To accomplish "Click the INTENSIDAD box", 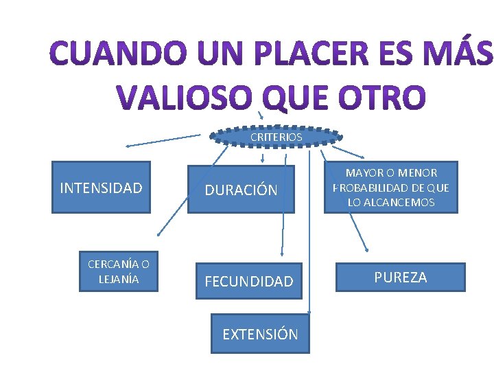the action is click(101, 188).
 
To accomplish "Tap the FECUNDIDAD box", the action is click(248, 280).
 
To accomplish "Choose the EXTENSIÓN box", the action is click(260, 334).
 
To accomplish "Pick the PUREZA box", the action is click(400, 277).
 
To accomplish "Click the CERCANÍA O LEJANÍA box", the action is click(119, 271).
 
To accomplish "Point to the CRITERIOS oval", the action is click(276, 137).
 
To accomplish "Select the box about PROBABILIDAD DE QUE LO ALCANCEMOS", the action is click(391, 188).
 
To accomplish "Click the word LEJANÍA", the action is click(119, 279).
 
